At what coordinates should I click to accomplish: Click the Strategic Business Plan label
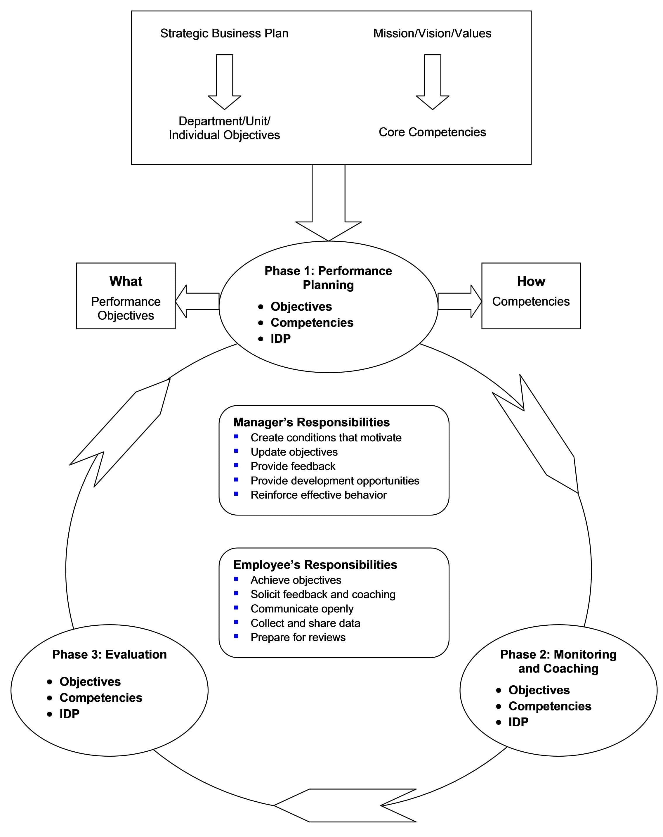tap(224, 33)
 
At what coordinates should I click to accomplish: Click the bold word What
tap(126, 281)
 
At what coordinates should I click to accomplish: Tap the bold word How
tap(531, 281)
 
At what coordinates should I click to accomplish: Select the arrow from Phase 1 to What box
tap(197, 301)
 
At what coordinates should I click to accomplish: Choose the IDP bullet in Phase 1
tap(280, 338)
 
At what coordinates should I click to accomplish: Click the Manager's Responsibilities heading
tap(311, 422)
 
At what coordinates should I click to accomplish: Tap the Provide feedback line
tap(293, 466)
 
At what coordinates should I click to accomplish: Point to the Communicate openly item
tap(301, 608)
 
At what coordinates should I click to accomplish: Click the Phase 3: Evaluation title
tap(110, 654)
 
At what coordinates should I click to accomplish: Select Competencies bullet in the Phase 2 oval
tap(549, 706)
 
